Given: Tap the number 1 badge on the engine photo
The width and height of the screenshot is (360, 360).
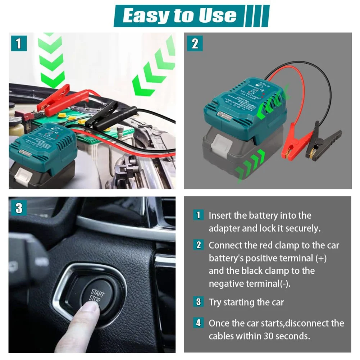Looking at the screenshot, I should [x=18, y=44].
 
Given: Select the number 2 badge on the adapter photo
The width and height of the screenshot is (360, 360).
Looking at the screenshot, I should [x=195, y=44].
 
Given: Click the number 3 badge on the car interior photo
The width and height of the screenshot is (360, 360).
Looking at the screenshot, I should [x=18, y=208].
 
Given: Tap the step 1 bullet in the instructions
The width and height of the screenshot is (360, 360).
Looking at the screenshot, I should [x=198, y=215].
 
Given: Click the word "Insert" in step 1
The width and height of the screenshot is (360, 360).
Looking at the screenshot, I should [x=220, y=215].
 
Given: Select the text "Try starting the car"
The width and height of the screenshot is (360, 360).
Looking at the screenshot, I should [x=246, y=302].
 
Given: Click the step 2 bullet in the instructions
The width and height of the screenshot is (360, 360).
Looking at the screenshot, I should [x=198, y=245].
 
